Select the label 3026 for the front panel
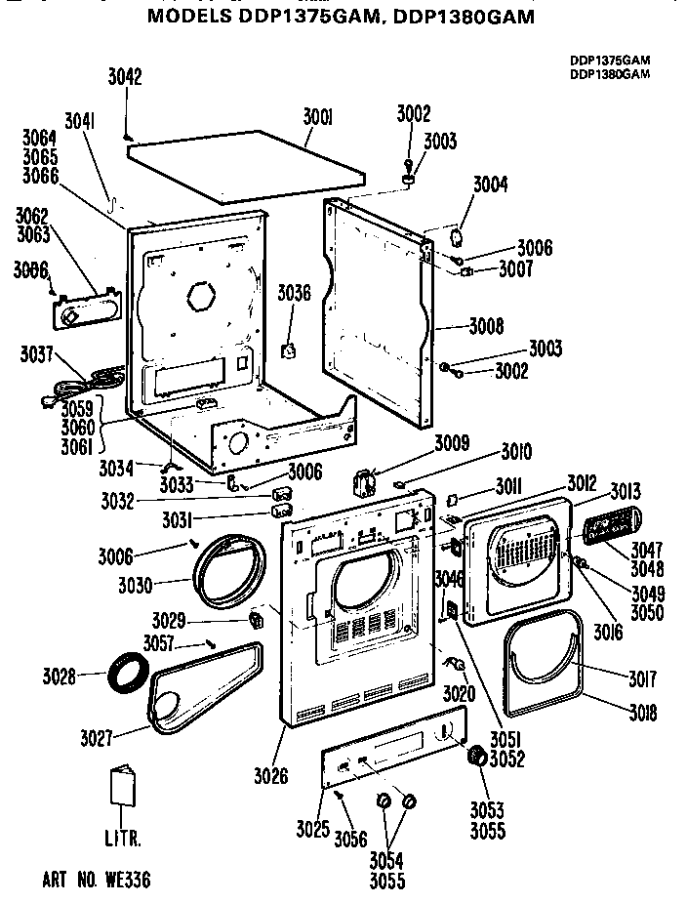[x=270, y=776]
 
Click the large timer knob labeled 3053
[x=478, y=757]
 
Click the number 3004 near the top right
[x=491, y=184]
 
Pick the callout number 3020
[x=458, y=694]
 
